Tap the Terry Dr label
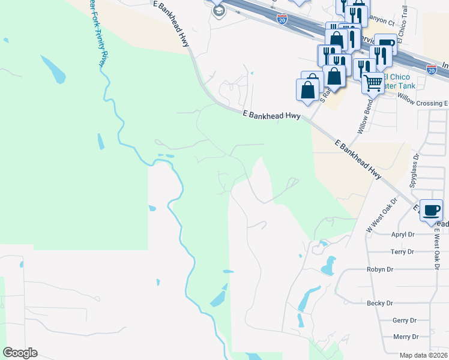point(402,252)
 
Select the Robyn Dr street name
point(379,270)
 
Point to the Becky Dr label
point(379,304)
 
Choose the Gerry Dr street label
point(403,321)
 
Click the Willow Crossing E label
point(423,103)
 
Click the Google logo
point(20,353)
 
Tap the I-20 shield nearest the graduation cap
point(282,19)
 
